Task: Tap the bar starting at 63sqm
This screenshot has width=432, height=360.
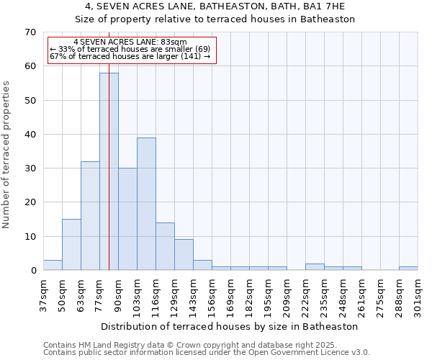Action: click(x=90, y=216)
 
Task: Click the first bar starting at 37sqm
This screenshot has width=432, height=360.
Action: click(x=53, y=265)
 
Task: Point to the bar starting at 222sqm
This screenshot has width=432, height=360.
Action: click(x=315, y=267)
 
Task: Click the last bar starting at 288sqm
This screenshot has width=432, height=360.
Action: click(x=408, y=269)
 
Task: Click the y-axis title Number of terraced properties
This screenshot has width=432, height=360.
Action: click(x=7, y=155)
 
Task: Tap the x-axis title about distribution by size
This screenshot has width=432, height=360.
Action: click(x=230, y=326)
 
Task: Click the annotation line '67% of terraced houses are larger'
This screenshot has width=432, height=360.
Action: click(x=130, y=56)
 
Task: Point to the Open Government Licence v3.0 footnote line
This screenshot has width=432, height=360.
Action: click(x=207, y=353)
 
